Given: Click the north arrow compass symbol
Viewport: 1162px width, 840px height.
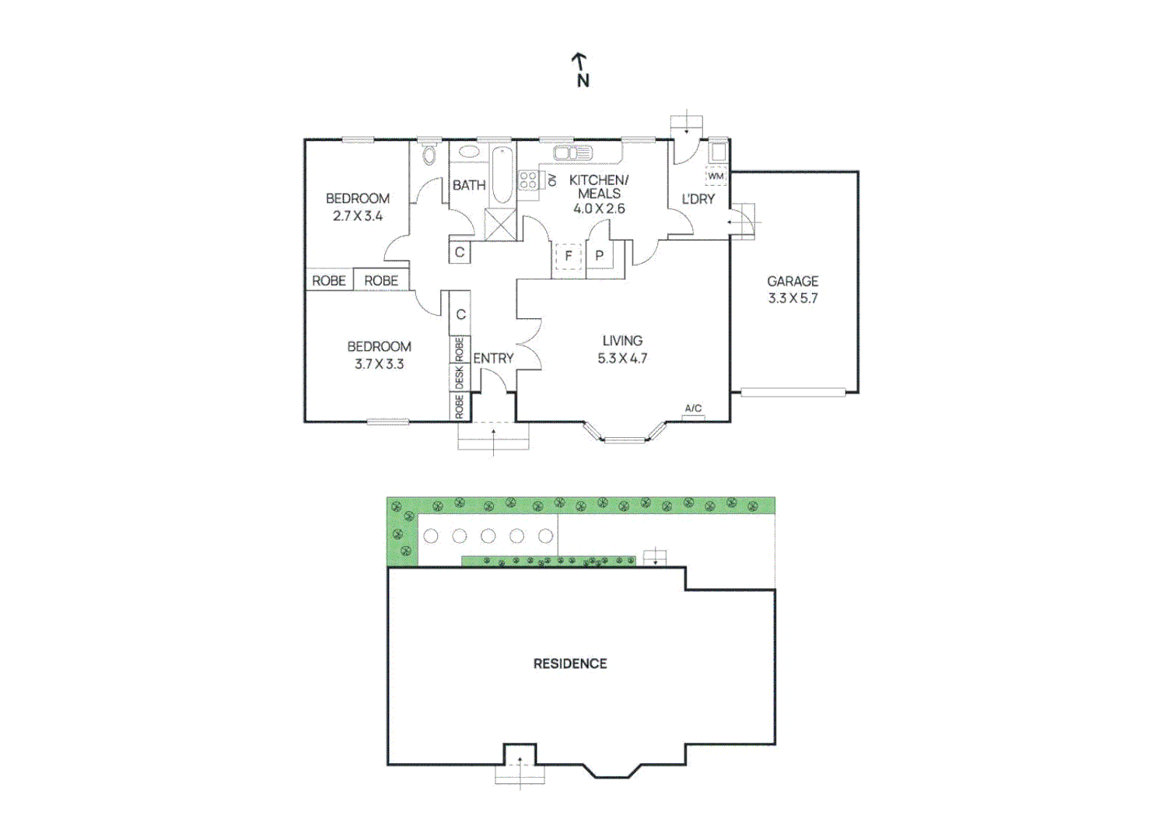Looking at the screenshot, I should [x=580, y=69].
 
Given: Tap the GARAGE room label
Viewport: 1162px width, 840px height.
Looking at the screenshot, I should [x=793, y=282].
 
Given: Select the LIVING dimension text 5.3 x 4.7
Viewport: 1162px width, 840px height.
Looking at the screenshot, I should [x=622, y=359].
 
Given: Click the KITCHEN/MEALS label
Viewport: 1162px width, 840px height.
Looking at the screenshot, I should [x=599, y=187].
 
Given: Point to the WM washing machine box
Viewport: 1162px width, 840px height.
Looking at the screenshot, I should [x=716, y=177].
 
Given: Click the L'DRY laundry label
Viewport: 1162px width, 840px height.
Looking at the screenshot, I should [x=698, y=199].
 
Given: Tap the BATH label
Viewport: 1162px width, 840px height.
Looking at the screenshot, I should [x=469, y=185].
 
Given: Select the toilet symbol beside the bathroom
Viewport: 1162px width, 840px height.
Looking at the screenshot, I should [x=430, y=155].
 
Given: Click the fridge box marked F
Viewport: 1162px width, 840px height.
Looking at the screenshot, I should [x=569, y=256].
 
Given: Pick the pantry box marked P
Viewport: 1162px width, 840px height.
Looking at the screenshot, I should [x=599, y=256].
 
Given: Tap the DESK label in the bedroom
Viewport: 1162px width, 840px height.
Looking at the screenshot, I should [x=460, y=377].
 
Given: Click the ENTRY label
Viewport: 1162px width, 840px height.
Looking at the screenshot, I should [x=493, y=359].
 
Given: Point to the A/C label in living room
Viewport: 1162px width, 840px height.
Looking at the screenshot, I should [x=693, y=409].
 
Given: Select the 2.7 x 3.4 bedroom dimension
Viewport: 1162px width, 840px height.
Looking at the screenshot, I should [x=358, y=216].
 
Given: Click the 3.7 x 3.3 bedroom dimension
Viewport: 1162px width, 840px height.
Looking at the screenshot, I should [x=379, y=364].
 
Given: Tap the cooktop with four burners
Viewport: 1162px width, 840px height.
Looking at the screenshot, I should [x=528, y=181].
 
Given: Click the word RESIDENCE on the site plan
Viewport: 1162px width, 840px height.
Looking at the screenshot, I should [x=570, y=663].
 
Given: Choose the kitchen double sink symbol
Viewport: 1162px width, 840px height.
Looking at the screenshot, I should [x=572, y=153].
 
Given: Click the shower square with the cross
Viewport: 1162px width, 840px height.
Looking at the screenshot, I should [x=500, y=225].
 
